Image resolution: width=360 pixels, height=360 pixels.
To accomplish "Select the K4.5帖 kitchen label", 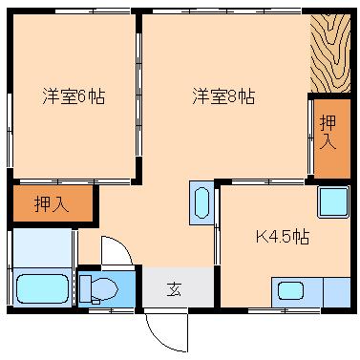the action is [x=283, y=237].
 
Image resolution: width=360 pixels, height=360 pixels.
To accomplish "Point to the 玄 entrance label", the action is [x=174, y=289].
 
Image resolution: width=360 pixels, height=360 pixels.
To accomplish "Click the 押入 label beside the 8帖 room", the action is [x=328, y=133].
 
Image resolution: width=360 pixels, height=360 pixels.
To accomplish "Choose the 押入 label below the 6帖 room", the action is [x=52, y=204].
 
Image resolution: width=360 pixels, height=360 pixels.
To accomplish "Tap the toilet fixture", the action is [x=98, y=289].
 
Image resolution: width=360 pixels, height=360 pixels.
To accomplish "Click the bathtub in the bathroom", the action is [x=42, y=289].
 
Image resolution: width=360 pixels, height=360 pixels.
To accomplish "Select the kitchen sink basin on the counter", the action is [x=290, y=291].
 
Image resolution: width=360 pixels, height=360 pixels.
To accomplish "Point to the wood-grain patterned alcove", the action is [x=330, y=53].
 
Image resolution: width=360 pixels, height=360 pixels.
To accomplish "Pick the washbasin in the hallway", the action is [x=201, y=203].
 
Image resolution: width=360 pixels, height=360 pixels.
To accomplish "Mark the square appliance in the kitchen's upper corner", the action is [x=333, y=202].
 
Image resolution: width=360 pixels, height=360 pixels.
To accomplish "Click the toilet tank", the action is [x=85, y=288].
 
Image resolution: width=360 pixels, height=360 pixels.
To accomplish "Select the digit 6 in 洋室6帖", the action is [x=82, y=96].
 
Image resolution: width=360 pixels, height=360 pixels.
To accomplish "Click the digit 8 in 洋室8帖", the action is [x=232, y=96].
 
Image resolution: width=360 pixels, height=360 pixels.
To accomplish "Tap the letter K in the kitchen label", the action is [x=261, y=237].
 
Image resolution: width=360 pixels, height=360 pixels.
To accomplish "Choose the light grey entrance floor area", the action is [x=178, y=287].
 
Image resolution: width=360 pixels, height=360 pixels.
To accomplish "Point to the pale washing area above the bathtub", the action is [x=42, y=248].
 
